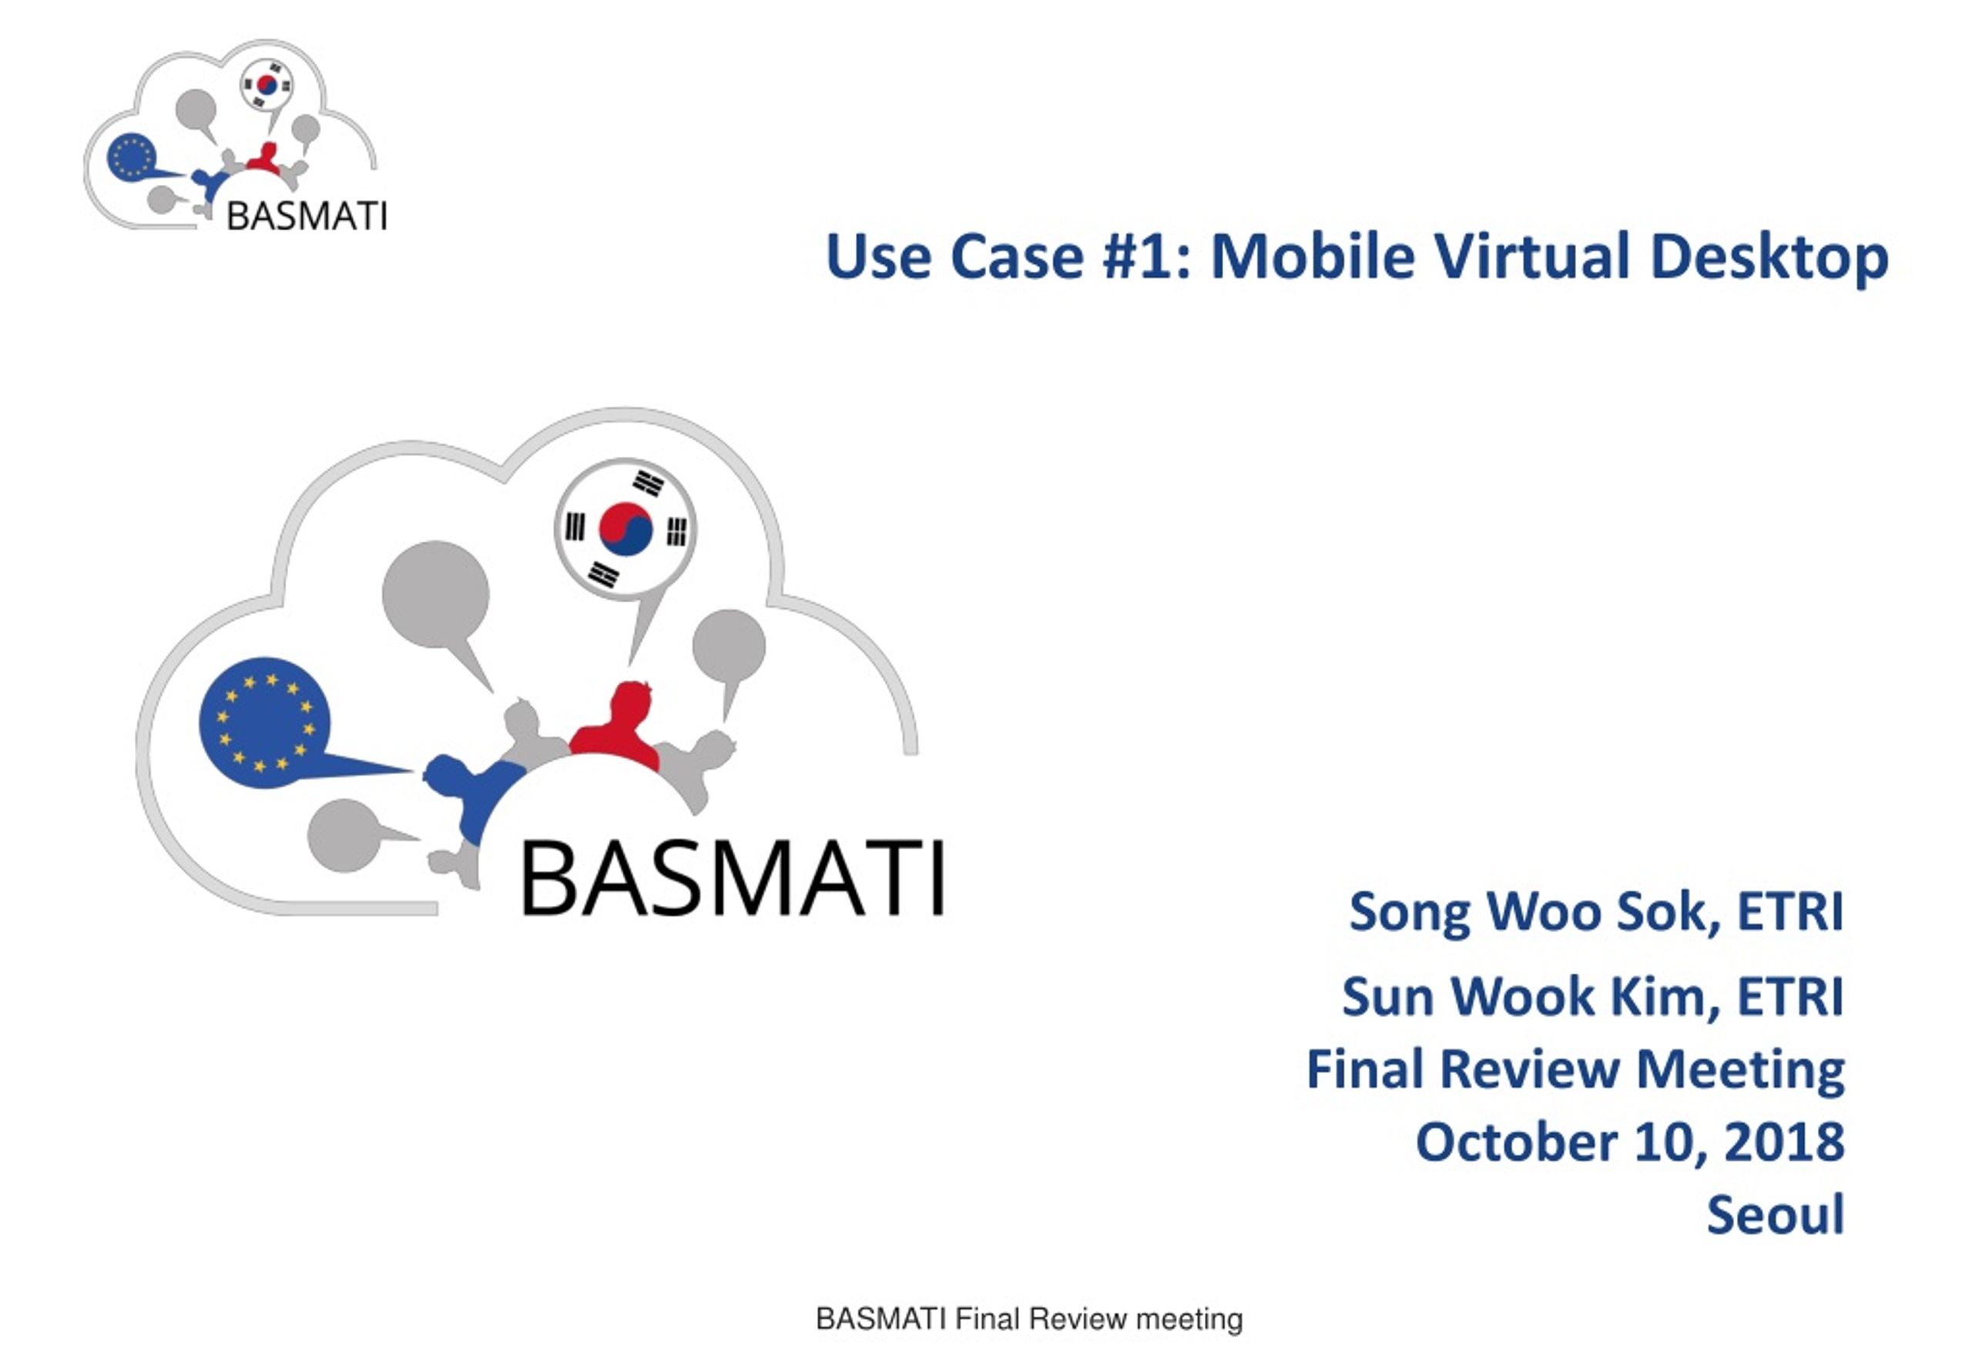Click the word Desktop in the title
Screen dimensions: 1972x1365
coord(1769,257)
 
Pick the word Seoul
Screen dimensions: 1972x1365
coord(1776,1215)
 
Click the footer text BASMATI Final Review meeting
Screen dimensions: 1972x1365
coord(1029,1319)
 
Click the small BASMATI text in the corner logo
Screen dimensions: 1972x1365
coord(306,216)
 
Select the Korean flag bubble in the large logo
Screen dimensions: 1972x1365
coord(626,530)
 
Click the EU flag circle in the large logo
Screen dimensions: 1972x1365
coord(265,723)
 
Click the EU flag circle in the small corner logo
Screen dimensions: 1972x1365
coord(131,156)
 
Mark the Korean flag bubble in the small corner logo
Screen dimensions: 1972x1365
coord(266,85)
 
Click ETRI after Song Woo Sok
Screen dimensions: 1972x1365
coord(1790,912)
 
